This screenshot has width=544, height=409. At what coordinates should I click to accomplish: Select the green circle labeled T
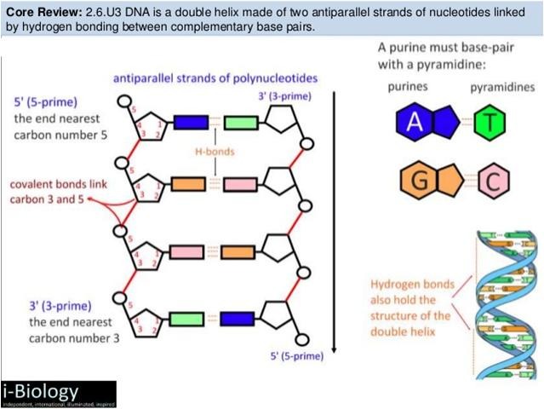(489, 124)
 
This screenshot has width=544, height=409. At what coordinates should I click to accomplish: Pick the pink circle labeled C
(491, 180)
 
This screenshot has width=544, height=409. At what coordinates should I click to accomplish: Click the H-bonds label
(214, 152)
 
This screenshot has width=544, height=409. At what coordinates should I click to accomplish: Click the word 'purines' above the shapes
(408, 87)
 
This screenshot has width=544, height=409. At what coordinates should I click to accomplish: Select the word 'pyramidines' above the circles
(502, 87)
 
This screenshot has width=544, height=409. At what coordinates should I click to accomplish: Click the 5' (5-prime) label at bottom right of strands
(296, 354)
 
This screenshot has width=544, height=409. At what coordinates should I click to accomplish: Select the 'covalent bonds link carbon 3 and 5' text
(48, 192)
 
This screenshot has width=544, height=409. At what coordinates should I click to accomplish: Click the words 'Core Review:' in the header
(43, 11)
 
